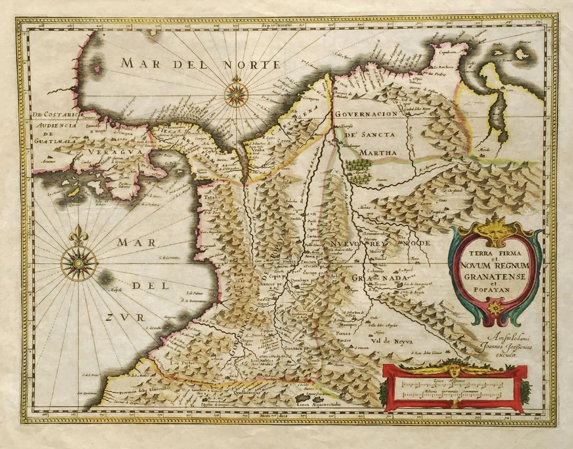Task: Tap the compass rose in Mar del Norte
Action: (x=236, y=94)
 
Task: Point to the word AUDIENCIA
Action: (x=57, y=125)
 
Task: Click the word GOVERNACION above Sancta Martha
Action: (x=366, y=114)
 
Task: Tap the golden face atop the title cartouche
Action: (x=493, y=233)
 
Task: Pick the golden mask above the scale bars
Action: (x=454, y=371)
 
